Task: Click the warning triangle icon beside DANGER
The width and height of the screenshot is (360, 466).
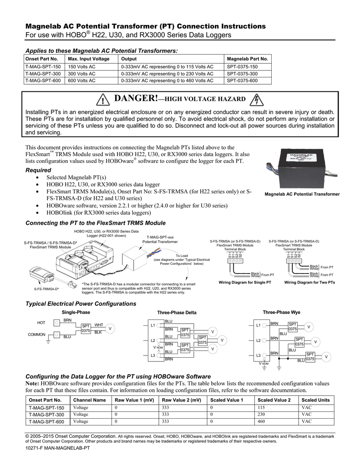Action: coord(104,100)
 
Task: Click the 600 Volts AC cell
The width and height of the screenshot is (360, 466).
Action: coord(82,81)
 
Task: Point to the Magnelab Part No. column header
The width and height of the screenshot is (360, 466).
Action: coord(248,59)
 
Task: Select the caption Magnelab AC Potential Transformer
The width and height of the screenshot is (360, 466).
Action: coord(302,194)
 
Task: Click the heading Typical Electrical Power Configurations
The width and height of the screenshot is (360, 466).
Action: coord(81,304)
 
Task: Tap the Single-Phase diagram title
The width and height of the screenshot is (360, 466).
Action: coord(76,312)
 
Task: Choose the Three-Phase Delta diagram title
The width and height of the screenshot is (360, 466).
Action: coord(177,313)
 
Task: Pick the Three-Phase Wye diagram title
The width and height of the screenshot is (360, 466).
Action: coord(282,312)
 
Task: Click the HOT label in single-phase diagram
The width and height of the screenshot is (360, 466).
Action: coord(41,323)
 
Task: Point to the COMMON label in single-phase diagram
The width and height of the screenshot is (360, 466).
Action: coord(37,334)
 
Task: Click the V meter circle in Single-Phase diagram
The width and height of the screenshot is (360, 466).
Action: coord(110,329)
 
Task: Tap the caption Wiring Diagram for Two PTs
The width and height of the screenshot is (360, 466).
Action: coord(309,283)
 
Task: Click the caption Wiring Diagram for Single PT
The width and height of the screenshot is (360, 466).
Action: coord(245,283)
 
